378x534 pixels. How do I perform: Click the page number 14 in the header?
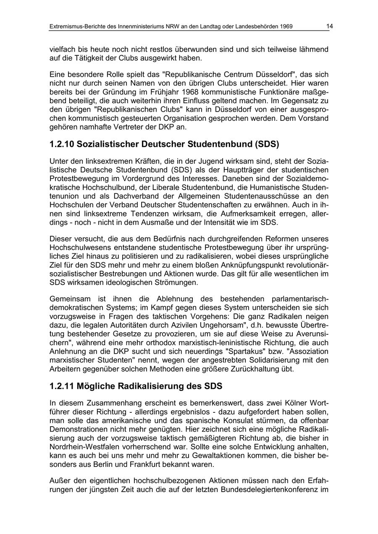tap(330, 26)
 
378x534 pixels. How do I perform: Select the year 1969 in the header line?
tap(286, 27)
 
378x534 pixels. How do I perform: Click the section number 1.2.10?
tap(62, 144)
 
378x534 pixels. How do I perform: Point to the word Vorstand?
tap(313, 118)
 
